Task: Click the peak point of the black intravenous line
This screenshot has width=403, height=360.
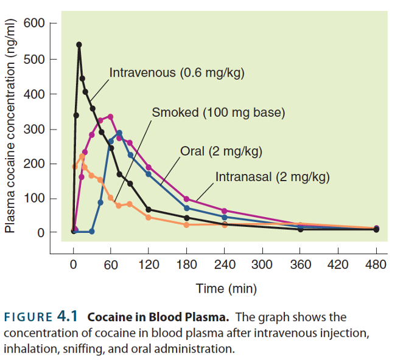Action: click(x=79, y=44)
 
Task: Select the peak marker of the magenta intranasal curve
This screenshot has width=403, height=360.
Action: click(x=110, y=117)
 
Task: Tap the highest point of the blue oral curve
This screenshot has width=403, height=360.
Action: click(x=119, y=133)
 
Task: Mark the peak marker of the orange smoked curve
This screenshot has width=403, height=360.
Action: click(x=82, y=156)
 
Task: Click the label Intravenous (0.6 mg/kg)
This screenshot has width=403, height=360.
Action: click(x=177, y=74)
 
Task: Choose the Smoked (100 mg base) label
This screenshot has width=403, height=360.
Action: click(x=219, y=112)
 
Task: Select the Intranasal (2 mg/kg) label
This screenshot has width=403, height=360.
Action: click(x=273, y=177)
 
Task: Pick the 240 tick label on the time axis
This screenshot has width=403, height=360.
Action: click(x=225, y=265)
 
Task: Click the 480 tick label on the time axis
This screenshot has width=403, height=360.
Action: click(x=376, y=265)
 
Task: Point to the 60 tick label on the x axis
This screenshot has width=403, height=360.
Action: click(x=110, y=265)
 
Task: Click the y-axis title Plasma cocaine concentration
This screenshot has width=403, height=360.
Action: click(x=10, y=131)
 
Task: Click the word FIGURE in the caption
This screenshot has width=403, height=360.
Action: click(x=28, y=317)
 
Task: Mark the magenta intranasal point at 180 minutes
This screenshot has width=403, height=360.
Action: click(x=186, y=199)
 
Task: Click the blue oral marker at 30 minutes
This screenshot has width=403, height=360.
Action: click(x=92, y=231)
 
